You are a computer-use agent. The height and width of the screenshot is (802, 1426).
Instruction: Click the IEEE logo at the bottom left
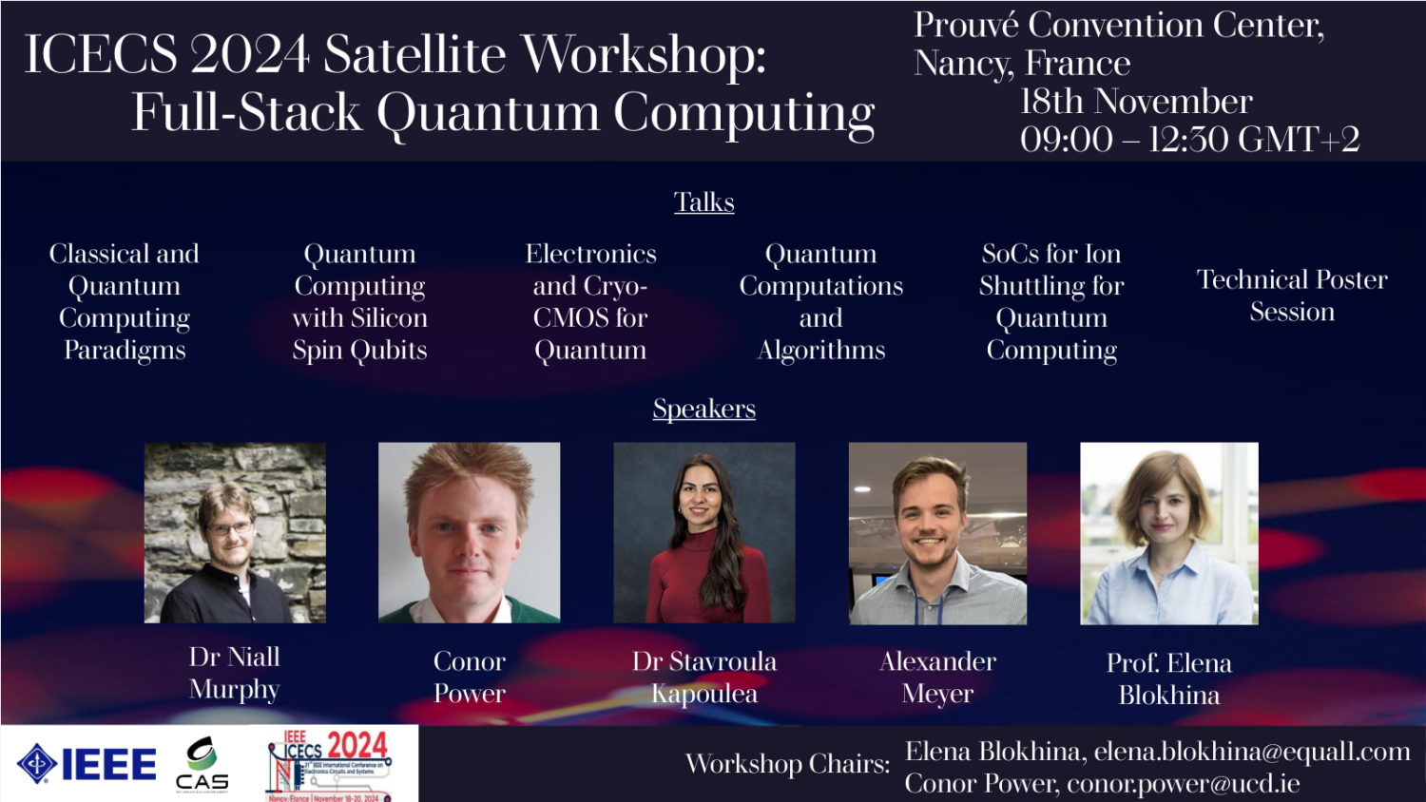(x=87, y=764)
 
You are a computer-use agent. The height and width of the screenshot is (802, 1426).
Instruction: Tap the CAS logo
(x=202, y=764)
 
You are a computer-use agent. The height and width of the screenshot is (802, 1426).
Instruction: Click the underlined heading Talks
(x=703, y=202)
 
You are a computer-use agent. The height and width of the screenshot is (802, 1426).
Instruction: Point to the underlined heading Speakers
(x=703, y=409)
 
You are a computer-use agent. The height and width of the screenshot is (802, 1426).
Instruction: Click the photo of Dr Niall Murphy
(x=235, y=532)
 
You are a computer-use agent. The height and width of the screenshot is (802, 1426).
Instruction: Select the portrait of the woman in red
(x=703, y=532)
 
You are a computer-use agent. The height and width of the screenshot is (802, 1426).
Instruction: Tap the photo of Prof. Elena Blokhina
(x=1168, y=532)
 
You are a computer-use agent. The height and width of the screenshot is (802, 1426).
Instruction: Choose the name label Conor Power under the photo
(x=469, y=677)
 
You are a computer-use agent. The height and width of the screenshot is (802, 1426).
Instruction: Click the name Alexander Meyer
(x=937, y=677)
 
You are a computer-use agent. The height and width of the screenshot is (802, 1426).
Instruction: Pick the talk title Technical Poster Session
(x=1291, y=296)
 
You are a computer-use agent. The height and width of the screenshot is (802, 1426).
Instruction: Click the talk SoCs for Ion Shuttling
(x=1051, y=301)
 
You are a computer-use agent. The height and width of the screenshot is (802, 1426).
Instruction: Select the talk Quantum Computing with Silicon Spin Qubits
(x=359, y=301)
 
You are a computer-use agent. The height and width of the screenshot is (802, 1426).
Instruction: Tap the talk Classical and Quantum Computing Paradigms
(x=125, y=301)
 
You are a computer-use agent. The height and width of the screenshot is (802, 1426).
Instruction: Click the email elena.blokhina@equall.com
(x=1251, y=752)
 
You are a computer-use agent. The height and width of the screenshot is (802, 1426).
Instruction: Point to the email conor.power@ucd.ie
(x=1183, y=784)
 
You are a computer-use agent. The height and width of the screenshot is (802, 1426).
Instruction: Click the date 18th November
(x=1135, y=102)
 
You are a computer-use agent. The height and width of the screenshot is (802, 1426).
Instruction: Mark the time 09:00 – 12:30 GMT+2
(x=1189, y=140)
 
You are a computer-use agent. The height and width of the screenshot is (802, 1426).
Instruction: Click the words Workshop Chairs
(x=787, y=764)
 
